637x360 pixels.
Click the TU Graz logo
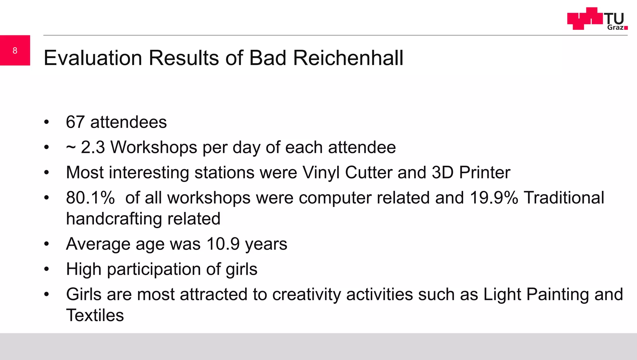click(x=597, y=19)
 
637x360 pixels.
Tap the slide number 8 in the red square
click(x=15, y=51)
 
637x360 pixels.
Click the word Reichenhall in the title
click(x=348, y=58)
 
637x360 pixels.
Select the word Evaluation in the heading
click(x=93, y=58)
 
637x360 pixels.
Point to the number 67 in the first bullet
click(x=75, y=122)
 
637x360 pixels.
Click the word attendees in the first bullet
click(x=128, y=122)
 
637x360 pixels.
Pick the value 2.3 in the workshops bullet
click(x=93, y=147)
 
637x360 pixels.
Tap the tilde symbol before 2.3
click(x=71, y=147)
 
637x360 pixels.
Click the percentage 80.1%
click(x=90, y=198)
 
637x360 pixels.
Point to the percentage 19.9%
click(x=494, y=198)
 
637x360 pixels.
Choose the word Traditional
click(x=564, y=198)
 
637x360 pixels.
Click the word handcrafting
click(x=114, y=219)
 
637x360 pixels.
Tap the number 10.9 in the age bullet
click(x=223, y=244)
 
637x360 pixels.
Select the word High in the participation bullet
click(x=84, y=269)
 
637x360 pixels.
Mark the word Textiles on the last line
click(x=95, y=315)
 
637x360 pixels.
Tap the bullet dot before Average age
click(x=47, y=244)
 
